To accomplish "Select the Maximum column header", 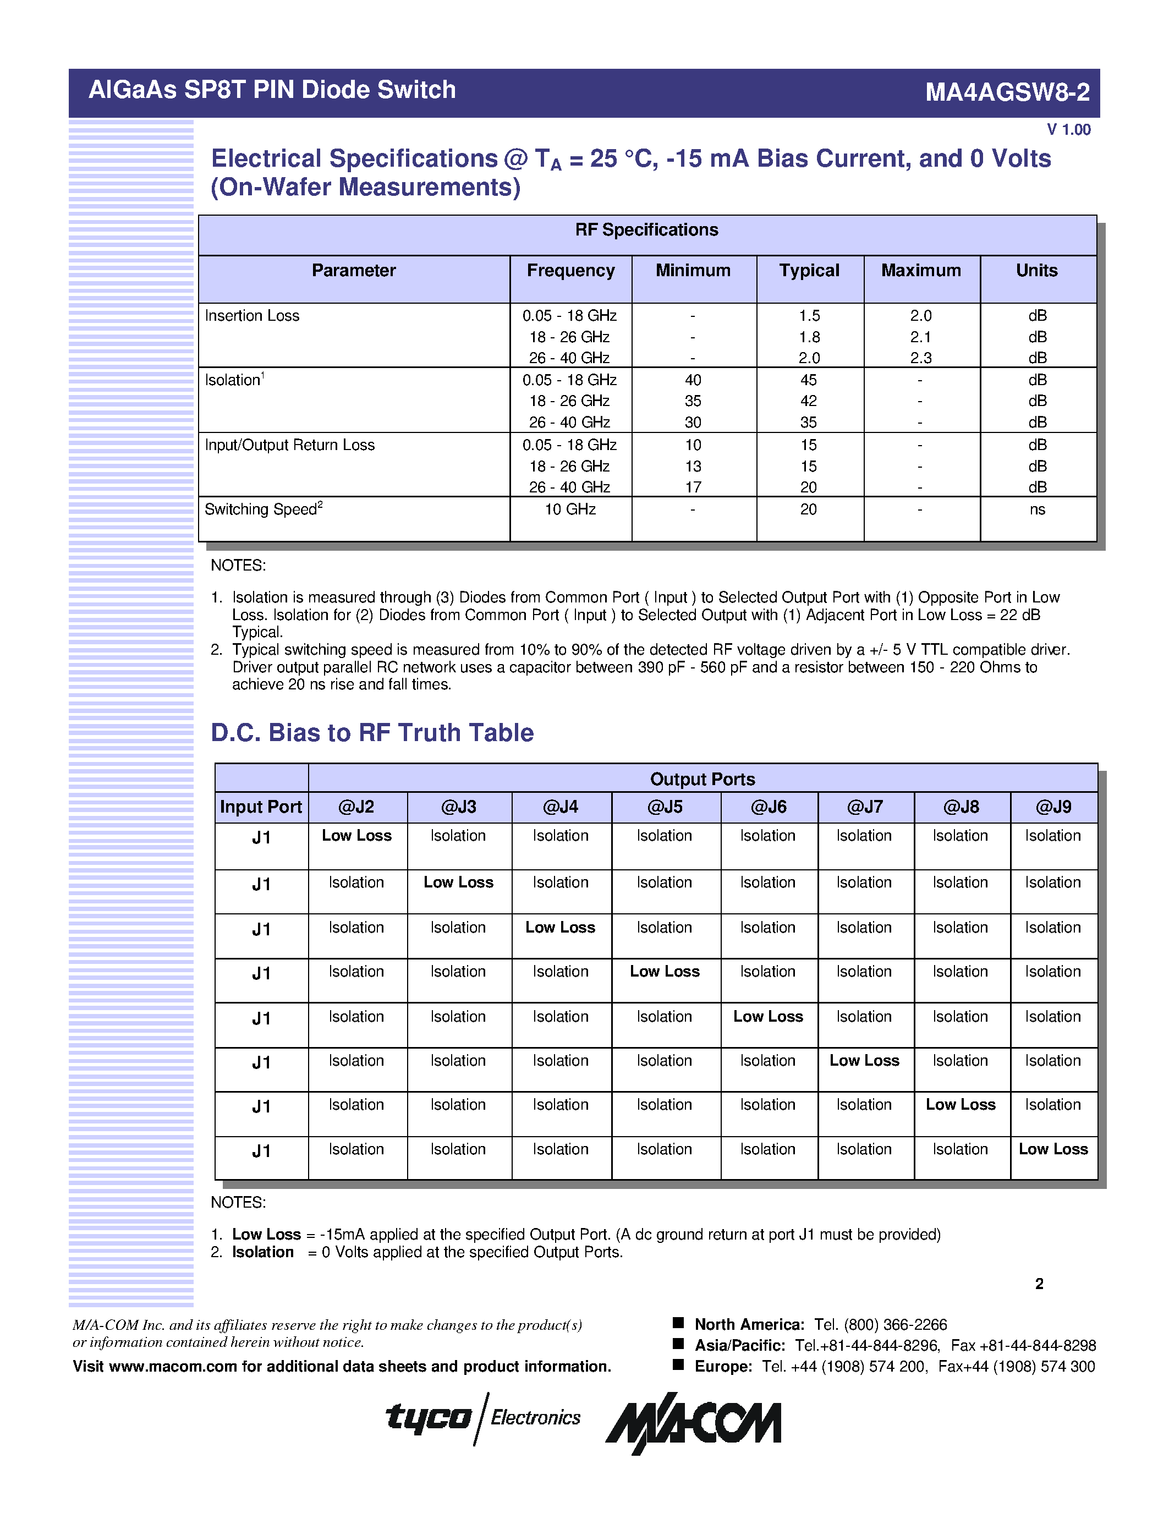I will click(920, 271).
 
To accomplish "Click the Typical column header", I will click(809, 271).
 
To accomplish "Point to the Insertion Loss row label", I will click(252, 316).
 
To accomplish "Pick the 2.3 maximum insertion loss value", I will click(920, 358).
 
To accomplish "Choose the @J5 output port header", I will click(665, 807).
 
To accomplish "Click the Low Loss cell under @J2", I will click(356, 836).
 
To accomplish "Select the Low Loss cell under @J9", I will click(1053, 1149).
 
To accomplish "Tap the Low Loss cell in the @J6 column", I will click(768, 1017).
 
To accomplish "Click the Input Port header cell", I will click(261, 807).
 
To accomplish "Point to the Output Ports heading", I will click(703, 780).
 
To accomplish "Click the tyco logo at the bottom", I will click(429, 1417).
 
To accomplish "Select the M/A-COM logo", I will click(693, 1422).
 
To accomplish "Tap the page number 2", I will click(1039, 1284).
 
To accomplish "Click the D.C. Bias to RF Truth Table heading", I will click(372, 733).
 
